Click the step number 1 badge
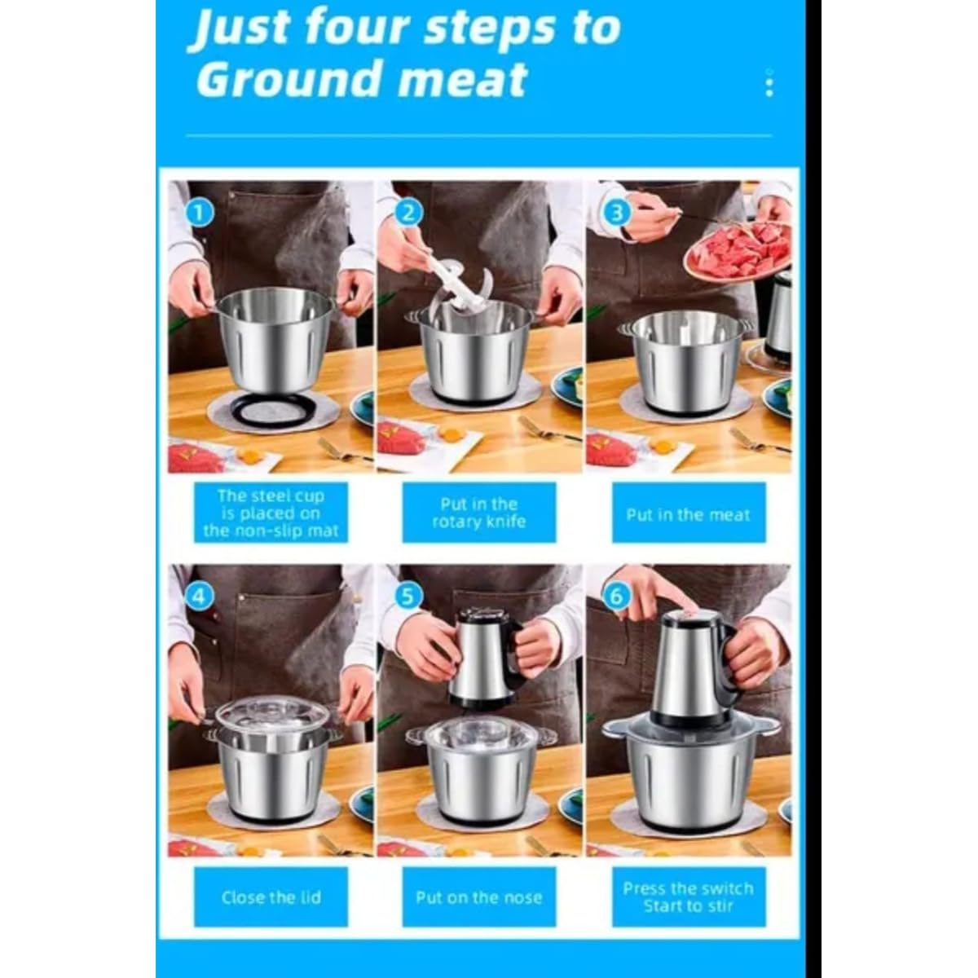pos(200,214)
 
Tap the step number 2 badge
pos(408,214)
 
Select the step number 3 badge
pos(617,214)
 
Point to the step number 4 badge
pos(200,597)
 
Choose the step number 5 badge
pos(408,597)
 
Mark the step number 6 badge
pos(617,597)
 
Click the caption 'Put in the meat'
pos(688,514)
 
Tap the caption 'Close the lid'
pos(271,897)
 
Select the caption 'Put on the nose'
pos(479,897)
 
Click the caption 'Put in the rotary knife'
pos(479,513)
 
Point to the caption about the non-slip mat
pos(271,513)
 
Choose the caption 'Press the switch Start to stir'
pos(688,897)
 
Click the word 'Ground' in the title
pos(290,80)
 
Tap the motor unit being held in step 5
pos(485,658)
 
